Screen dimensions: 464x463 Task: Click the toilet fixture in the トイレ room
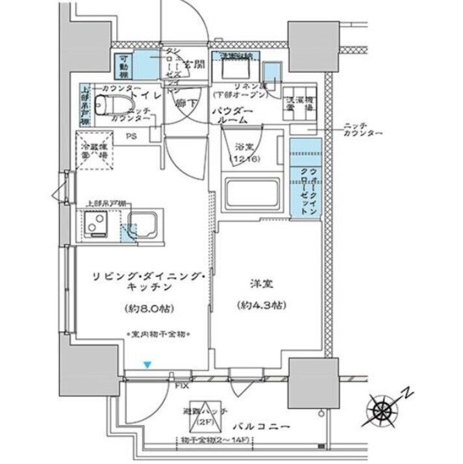(x=103, y=105)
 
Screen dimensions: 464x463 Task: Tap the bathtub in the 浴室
(x=250, y=194)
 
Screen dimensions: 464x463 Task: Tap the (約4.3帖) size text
(x=262, y=304)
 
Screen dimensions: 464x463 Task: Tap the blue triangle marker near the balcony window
(x=148, y=365)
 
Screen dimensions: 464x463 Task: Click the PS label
(x=131, y=136)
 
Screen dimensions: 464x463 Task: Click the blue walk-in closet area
(x=305, y=179)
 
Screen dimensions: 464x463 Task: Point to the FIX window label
(x=182, y=386)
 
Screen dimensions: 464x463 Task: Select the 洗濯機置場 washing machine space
(x=299, y=103)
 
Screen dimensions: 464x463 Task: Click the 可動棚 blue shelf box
(x=122, y=66)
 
